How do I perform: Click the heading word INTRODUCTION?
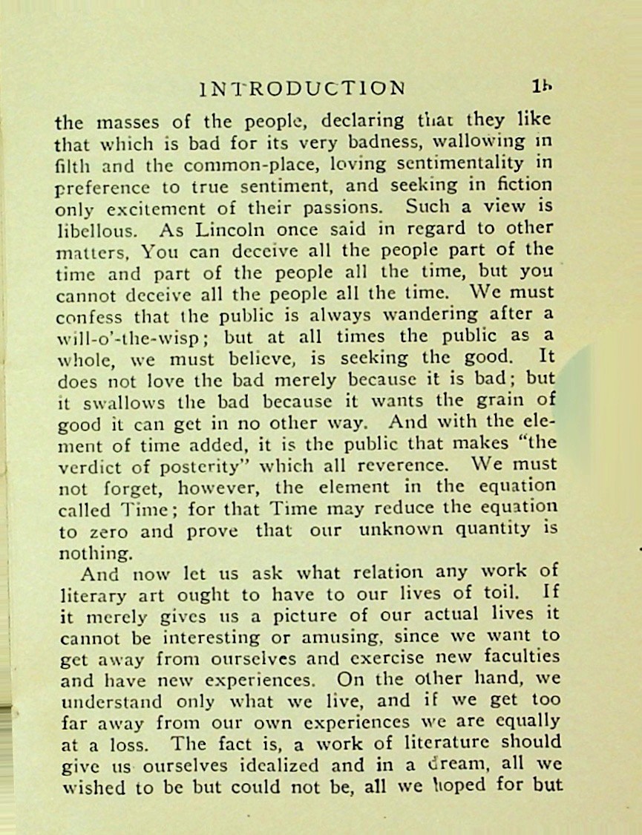pos(302,88)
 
